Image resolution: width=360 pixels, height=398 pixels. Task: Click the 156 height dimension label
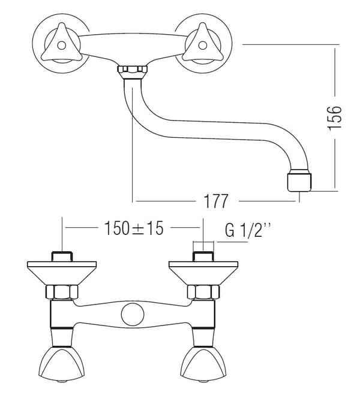334,118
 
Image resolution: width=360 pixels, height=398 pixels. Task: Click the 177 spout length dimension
216,201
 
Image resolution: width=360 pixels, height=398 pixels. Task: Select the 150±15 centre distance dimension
134,228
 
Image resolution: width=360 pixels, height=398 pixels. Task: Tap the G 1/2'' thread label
247,230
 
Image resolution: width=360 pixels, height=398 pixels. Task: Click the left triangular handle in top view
61,44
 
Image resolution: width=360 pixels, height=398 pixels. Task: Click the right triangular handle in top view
202,44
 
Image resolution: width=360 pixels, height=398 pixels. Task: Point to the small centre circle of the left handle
61,46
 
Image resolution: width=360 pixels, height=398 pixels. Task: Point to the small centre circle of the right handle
202,46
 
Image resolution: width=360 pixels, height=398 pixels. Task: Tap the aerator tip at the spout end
299,182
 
